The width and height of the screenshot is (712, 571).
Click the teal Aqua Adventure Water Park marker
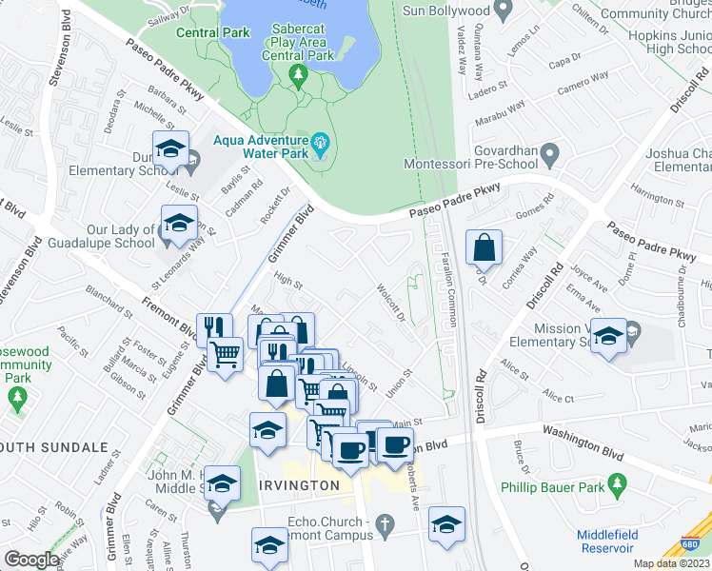click(321, 146)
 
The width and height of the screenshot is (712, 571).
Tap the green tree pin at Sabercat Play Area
click(299, 74)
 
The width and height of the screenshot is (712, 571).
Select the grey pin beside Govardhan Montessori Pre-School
click(549, 153)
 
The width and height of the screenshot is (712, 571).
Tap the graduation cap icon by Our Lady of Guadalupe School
click(179, 224)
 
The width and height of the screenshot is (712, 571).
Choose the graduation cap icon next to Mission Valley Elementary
click(608, 337)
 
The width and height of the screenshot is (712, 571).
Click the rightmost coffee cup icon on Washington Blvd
click(395, 443)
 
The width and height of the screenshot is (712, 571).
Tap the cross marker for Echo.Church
click(385, 525)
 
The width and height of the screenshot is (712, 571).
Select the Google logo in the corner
click(31, 559)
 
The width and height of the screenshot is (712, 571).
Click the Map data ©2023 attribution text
click(671, 563)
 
